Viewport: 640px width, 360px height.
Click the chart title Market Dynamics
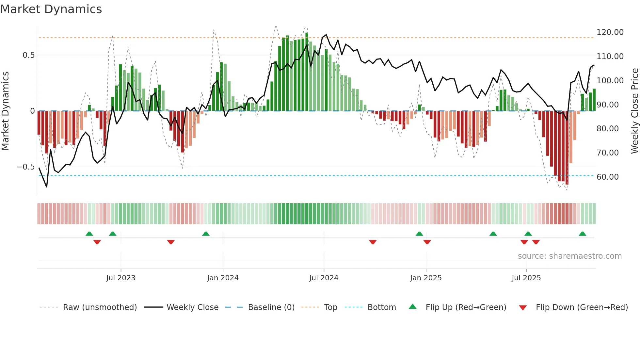51,9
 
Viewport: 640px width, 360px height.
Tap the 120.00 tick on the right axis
610,32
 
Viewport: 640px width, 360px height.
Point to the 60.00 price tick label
607,177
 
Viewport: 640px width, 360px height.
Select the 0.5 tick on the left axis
28,55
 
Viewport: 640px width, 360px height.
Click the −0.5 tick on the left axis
26,167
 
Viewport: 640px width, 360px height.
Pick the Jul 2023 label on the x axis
120,278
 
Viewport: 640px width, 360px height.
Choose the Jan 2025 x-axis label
425,278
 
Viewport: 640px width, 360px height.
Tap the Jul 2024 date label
324,278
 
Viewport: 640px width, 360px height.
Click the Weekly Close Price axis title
634,111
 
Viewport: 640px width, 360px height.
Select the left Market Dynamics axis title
5,111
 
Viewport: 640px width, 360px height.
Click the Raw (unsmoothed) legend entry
100,307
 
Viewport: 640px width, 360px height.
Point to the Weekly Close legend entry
192,307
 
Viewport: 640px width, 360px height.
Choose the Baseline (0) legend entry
271,307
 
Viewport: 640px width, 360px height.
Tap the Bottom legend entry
381,307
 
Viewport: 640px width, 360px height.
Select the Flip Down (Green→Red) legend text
582,307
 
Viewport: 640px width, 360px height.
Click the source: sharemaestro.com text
569,256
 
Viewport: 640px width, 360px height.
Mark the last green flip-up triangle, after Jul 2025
582,234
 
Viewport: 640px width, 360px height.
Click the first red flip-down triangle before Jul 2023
97,242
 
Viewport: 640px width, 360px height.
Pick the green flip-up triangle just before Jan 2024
206,234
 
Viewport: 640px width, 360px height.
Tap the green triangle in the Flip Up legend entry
413,306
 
